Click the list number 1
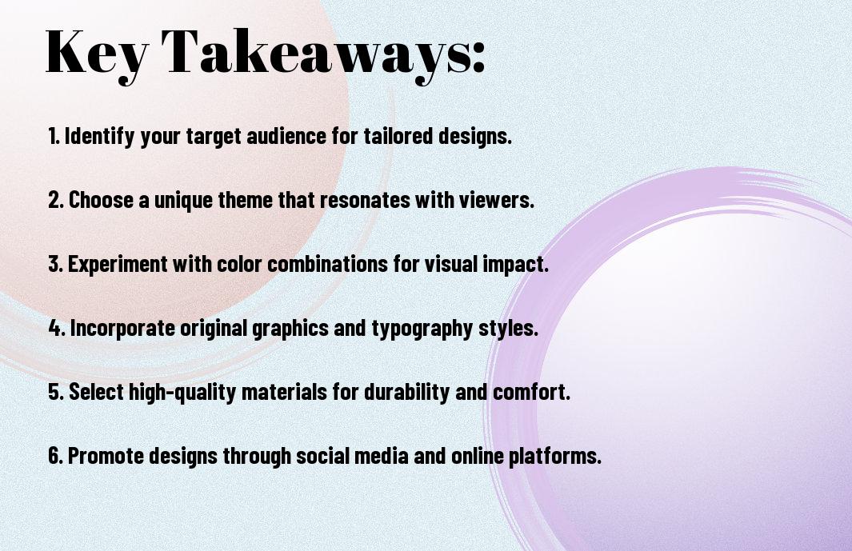[x=54, y=136]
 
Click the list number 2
[x=55, y=200]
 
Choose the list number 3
[x=55, y=264]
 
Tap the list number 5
[x=56, y=392]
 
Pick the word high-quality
[x=182, y=393]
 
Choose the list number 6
[x=55, y=455]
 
